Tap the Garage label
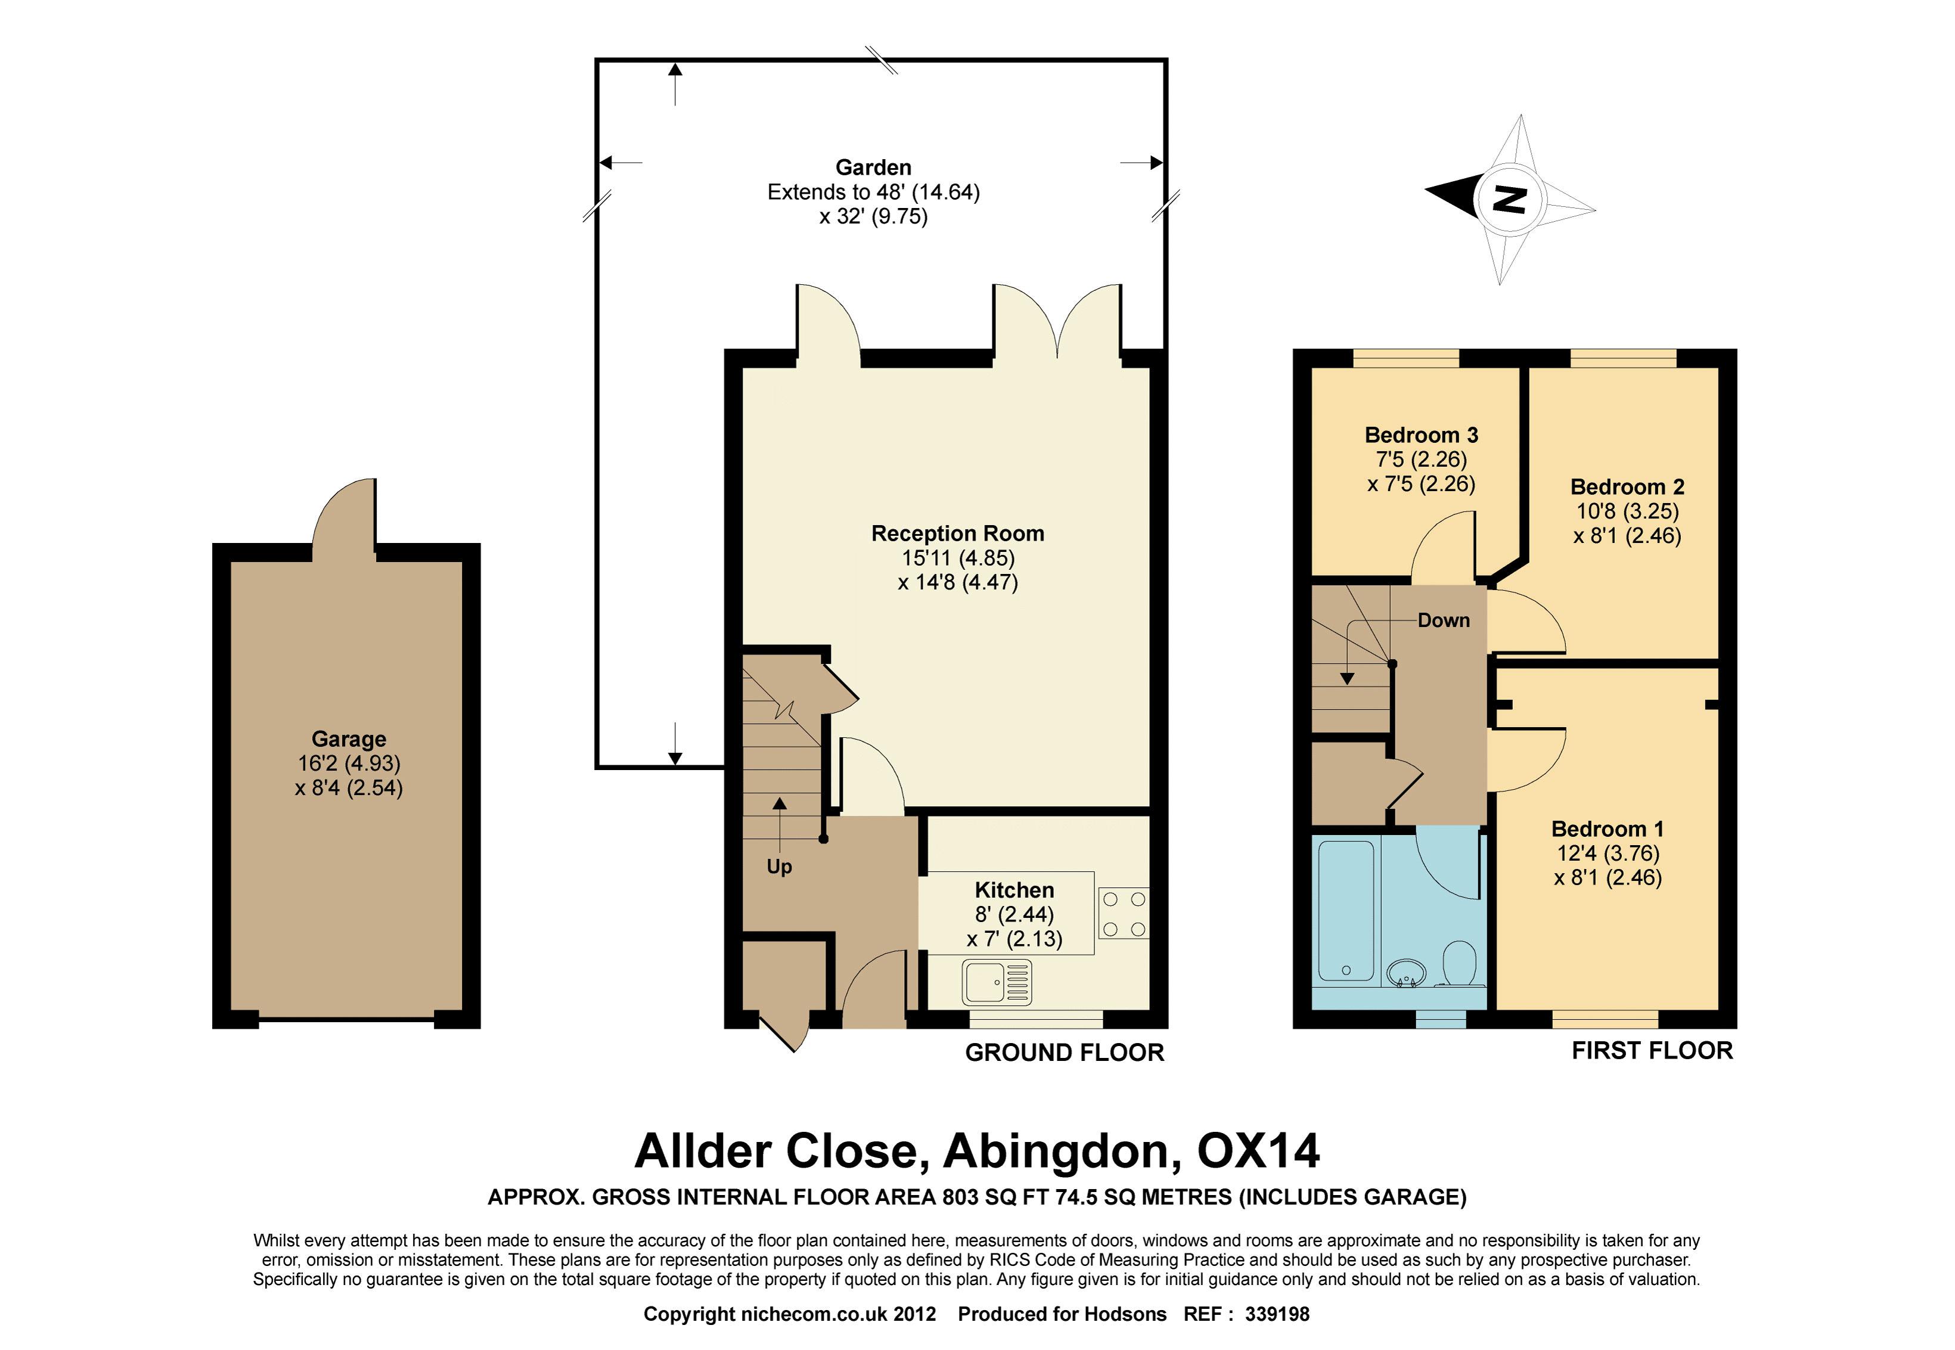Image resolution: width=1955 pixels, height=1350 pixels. (349, 739)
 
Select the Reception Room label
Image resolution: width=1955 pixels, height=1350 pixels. (958, 533)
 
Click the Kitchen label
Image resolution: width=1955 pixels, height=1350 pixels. (1014, 890)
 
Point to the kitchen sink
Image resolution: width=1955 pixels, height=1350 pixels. (997, 983)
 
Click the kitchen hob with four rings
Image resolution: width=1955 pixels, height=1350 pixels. (1124, 914)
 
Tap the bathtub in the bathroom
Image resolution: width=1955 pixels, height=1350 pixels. (1346, 911)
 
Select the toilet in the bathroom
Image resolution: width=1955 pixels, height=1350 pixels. (1460, 965)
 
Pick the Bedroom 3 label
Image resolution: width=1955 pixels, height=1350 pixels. (1421, 436)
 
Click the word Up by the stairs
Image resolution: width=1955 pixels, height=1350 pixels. (779, 867)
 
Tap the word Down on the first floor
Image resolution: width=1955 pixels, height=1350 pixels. (1444, 621)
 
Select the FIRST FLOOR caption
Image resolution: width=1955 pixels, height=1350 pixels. (1652, 1051)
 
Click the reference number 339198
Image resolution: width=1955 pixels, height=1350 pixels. (1277, 1314)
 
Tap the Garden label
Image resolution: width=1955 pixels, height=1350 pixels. (874, 167)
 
